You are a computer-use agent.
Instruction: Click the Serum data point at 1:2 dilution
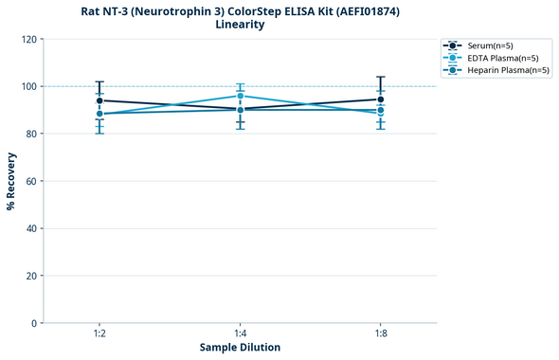(x=99, y=100)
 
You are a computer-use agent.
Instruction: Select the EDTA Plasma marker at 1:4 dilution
(x=241, y=96)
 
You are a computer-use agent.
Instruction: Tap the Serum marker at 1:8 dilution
(x=381, y=99)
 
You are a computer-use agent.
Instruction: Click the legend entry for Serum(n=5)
(x=490, y=45)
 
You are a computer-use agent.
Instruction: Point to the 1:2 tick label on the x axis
(x=99, y=334)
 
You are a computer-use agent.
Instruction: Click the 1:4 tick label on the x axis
(x=241, y=334)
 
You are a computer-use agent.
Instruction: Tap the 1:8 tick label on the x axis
(x=381, y=334)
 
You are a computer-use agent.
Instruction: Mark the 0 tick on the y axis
(x=34, y=323)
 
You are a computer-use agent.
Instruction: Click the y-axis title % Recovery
(x=11, y=180)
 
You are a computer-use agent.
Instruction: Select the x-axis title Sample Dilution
(x=240, y=348)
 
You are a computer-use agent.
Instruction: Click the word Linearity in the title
(x=240, y=25)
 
